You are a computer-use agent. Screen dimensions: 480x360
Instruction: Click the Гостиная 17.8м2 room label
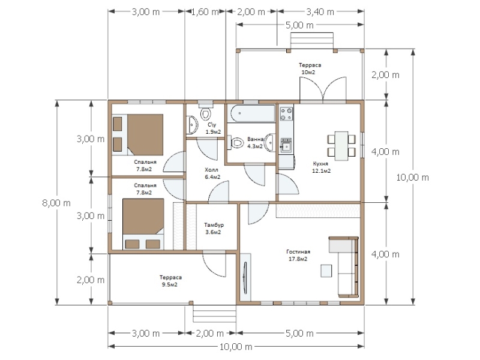(298, 256)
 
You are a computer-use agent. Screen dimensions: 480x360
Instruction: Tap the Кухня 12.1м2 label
(321, 167)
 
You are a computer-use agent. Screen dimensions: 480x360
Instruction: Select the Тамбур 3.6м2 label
(214, 229)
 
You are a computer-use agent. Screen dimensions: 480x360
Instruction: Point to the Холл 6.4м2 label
(212, 173)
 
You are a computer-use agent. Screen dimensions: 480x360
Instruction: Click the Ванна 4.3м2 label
(256, 143)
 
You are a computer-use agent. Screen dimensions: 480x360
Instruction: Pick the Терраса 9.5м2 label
(170, 281)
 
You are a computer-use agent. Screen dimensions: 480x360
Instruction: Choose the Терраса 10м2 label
(310, 68)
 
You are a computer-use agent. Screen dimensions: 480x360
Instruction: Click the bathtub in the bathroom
(253, 113)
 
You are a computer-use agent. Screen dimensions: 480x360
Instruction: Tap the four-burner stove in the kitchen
(287, 113)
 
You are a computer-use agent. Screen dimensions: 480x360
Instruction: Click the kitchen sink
(286, 146)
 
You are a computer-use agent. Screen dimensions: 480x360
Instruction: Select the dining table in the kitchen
(341, 146)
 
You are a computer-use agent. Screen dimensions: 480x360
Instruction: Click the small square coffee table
(326, 271)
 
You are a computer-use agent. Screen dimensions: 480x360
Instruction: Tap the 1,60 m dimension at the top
(205, 11)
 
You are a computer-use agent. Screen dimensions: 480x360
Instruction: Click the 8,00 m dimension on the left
(56, 203)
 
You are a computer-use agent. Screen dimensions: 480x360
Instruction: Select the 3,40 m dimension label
(320, 11)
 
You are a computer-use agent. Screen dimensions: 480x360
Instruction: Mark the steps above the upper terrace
(311, 41)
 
